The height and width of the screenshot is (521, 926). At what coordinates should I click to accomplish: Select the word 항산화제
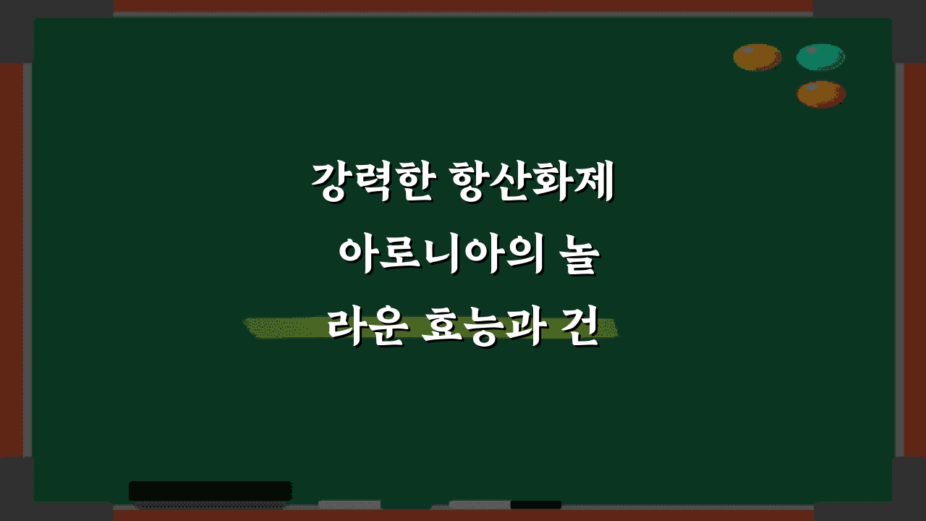(531, 183)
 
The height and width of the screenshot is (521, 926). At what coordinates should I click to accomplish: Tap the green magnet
(820, 57)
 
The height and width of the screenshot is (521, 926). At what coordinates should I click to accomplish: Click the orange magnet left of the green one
(757, 57)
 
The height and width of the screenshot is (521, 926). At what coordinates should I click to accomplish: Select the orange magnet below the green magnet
(821, 94)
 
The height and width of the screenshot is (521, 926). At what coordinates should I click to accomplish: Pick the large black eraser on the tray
(210, 491)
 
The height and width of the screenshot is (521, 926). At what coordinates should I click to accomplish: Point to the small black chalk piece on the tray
(535, 504)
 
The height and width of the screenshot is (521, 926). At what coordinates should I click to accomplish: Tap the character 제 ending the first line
(594, 183)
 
